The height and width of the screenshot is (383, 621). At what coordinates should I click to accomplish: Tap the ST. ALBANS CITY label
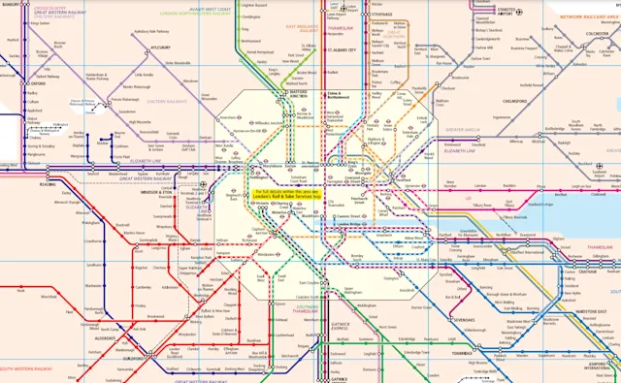341,48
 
